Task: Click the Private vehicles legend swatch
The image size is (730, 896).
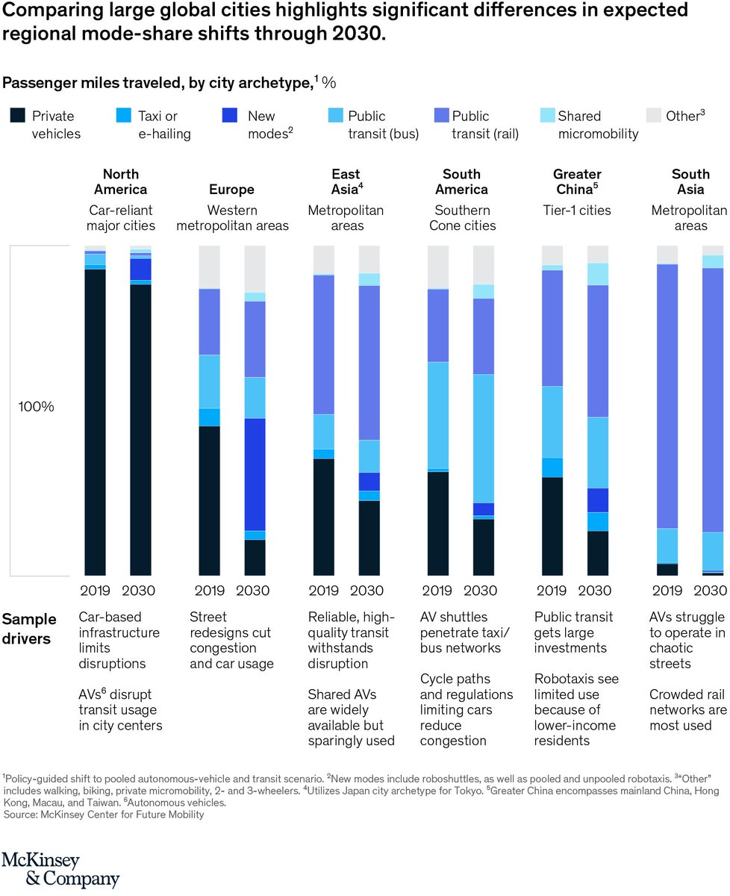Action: tap(17, 116)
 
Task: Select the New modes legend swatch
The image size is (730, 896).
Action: tap(231, 116)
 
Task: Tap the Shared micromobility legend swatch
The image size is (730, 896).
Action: tap(547, 116)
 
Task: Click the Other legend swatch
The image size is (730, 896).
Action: tap(653, 116)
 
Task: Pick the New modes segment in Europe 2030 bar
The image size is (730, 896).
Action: tap(255, 474)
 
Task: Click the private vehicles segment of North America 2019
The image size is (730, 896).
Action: tap(95, 422)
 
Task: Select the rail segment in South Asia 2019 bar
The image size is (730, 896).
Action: tap(667, 396)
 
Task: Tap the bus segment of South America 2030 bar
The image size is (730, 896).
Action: tap(484, 438)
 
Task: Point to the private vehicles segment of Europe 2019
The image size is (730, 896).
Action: tap(210, 500)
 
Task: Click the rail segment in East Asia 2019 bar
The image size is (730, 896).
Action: tap(324, 344)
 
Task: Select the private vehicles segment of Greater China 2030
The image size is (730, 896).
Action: tap(598, 553)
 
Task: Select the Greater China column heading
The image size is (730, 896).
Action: tap(577, 181)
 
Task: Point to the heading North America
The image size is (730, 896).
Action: tap(120, 181)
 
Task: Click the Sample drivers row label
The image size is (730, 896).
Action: tap(29, 627)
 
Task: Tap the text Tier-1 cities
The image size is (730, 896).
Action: tap(576, 211)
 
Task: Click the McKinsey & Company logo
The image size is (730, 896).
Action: tap(60, 869)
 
